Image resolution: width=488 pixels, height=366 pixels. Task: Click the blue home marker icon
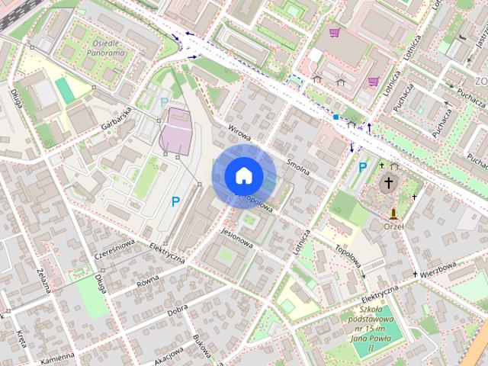point(243,175)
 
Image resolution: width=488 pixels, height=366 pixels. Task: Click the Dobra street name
point(177,309)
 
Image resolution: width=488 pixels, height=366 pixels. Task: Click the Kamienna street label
point(58,357)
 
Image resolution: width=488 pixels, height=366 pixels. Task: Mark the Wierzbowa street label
point(438,269)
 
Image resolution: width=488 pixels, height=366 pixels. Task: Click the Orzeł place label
point(393,226)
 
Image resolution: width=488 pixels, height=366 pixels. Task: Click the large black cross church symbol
point(389,183)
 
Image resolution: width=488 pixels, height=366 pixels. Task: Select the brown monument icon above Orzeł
point(393,213)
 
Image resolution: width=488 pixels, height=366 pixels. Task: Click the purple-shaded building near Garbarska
point(176,130)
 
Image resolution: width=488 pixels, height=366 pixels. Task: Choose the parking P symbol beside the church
point(362,167)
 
